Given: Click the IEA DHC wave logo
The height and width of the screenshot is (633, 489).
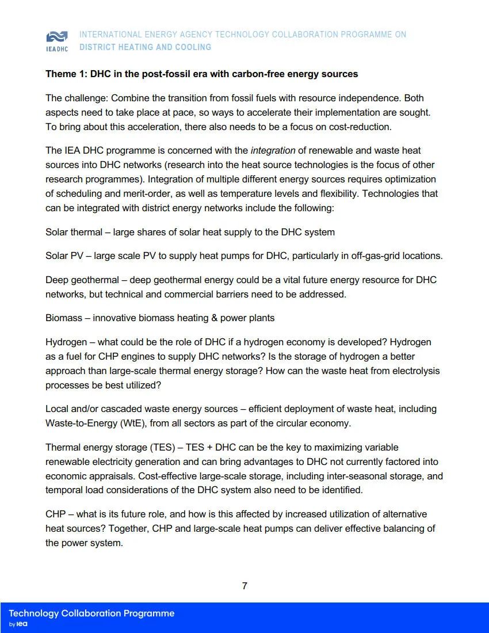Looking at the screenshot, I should (x=56, y=37).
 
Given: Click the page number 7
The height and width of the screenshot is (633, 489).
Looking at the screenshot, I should (x=244, y=586).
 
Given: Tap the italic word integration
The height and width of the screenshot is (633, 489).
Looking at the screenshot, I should (x=273, y=151).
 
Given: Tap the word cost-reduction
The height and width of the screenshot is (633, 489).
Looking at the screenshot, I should (x=362, y=127).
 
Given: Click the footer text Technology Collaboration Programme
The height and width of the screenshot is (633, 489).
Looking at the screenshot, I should (x=91, y=613).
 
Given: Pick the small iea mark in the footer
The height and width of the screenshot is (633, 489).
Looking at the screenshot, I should (x=22, y=624).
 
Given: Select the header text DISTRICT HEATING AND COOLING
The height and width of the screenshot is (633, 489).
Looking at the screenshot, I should (x=145, y=47).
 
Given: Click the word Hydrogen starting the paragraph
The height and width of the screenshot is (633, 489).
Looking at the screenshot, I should (x=65, y=342).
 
